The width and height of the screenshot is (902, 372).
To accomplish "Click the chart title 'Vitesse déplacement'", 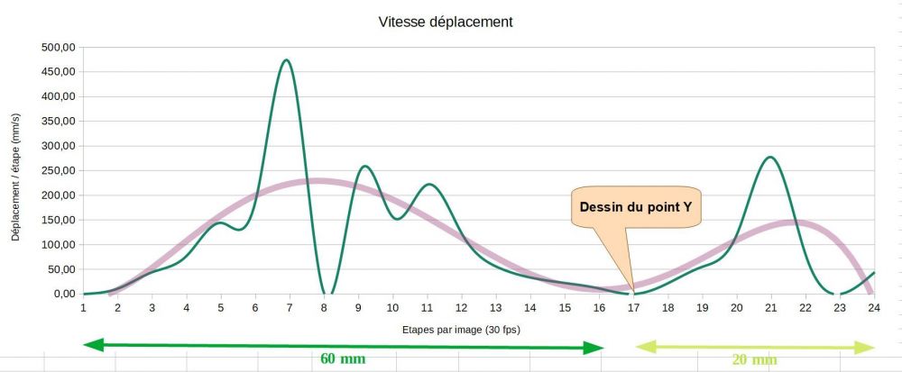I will [x=446, y=22].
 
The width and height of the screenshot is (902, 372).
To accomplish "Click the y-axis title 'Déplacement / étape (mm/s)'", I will [x=15, y=171].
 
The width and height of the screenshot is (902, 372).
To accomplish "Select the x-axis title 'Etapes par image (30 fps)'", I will [x=462, y=329].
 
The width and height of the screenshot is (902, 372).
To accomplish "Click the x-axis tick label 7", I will [x=290, y=307].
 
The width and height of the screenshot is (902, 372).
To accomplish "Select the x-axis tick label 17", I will [x=634, y=307].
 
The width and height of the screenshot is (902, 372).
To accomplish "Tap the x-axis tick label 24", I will [x=874, y=307].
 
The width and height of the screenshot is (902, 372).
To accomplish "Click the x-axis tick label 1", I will [x=83, y=307].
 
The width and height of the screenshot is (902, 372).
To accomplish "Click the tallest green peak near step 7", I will [x=287, y=60].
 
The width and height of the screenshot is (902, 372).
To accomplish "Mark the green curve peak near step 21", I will [x=770, y=158].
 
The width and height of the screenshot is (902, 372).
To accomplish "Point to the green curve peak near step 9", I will [x=364, y=167].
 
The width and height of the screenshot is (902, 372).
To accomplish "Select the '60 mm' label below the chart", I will [x=343, y=358].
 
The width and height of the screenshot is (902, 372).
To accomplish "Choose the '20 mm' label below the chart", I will [x=755, y=359].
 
